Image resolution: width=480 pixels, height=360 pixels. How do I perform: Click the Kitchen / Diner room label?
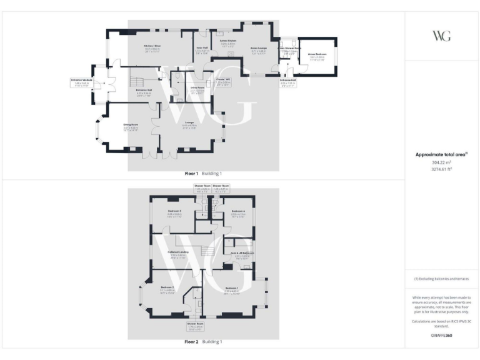152,47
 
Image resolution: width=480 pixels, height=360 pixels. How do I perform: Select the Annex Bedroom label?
317,56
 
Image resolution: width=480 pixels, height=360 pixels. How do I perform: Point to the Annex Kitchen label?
227,42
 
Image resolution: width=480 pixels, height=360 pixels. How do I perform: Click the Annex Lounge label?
258,49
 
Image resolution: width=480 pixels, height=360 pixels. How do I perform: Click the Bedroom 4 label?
238,213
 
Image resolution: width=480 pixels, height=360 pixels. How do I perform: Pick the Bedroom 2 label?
166,289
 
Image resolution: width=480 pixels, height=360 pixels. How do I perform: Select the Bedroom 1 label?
232,289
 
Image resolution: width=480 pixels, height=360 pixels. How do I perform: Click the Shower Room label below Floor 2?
196,325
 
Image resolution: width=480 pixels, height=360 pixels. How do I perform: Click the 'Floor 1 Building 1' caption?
203,173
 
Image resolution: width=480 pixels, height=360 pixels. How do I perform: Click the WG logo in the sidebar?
441,36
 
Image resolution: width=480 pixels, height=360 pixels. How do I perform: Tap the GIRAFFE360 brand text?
441,336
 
